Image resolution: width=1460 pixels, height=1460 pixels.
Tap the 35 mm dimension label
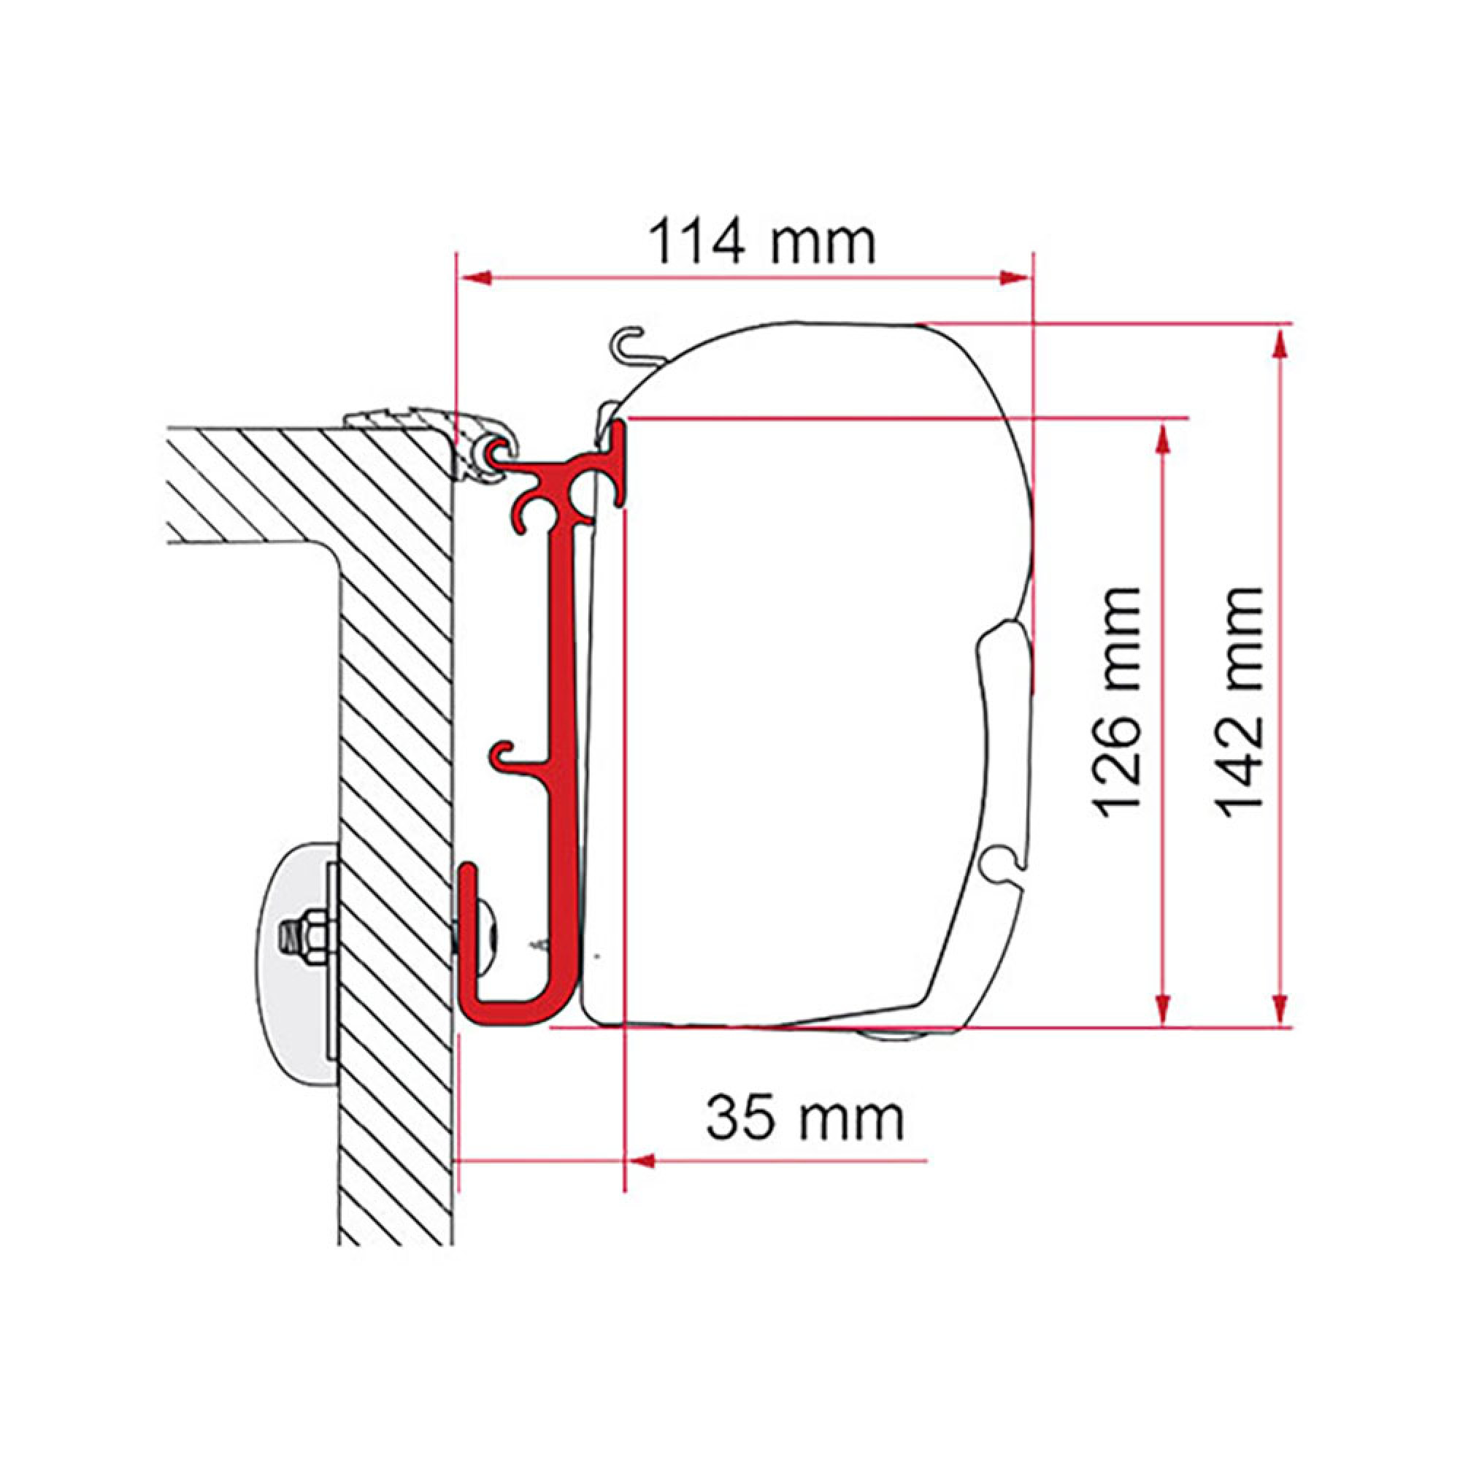(804, 1118)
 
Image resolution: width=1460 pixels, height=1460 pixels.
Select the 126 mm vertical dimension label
(1116, 702)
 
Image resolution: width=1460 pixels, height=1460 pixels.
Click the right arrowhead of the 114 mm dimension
(1014, 278)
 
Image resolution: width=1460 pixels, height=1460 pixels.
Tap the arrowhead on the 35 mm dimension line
(641, 1181)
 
